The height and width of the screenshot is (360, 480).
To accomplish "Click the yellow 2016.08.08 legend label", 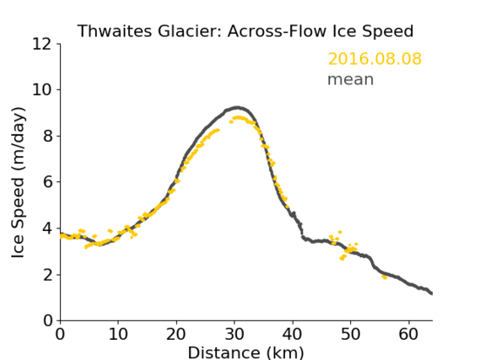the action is (x=375, y=59).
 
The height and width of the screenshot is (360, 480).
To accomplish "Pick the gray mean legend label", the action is (x=351, y=79).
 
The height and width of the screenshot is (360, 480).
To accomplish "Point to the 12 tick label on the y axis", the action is (x=42, y=44).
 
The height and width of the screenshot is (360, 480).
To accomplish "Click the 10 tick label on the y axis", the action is (x=42, y=90).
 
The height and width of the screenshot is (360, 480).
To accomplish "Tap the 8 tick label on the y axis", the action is (x=48, y=136).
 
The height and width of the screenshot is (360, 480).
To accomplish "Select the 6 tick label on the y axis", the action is (x=48, y=182).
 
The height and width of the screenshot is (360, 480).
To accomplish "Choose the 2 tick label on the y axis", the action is (x=48, y=275).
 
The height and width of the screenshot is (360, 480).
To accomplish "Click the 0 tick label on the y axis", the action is (x=48, y=321).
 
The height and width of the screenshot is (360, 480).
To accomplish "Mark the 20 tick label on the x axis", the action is (x=176, y=334).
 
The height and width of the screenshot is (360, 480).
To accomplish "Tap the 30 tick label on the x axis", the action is (x=235, y=334).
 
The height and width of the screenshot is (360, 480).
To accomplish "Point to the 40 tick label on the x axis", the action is (x=293, y=334).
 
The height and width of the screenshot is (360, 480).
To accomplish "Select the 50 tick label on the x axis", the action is (x=351, y=334).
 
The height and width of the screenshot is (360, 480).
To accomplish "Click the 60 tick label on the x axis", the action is (x=408, y=334).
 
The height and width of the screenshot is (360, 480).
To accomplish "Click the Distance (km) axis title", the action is (x=245, y=352).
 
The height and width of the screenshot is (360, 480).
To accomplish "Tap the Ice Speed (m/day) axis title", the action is (x=18, y=182).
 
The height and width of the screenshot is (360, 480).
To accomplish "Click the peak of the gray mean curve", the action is (x=237, y=108).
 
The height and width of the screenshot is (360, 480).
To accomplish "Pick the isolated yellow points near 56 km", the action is (x=385, y=277).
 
